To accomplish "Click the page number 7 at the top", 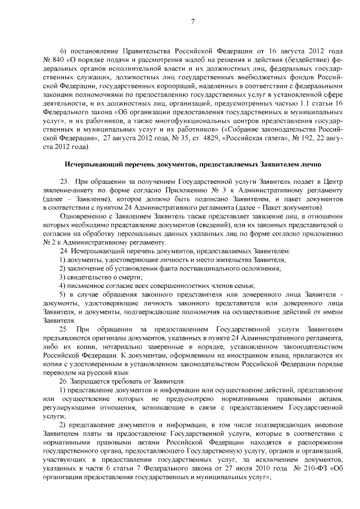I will [192, 22].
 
